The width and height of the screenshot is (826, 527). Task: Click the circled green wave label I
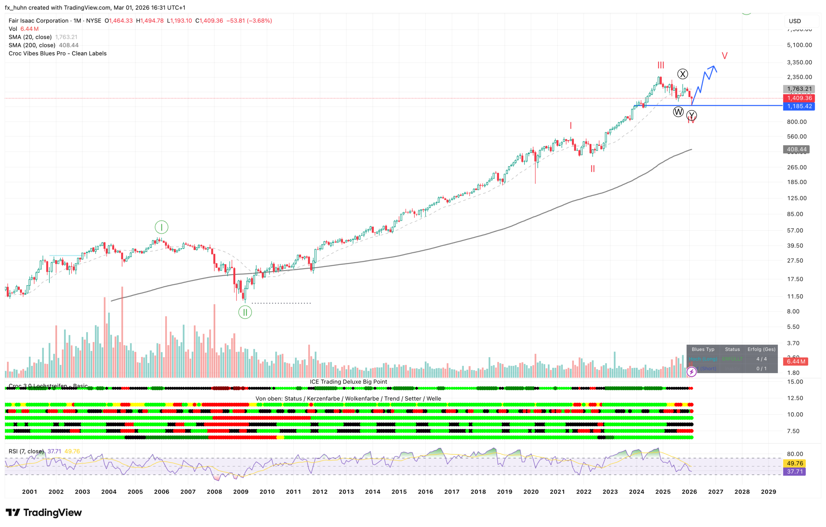[161, 227]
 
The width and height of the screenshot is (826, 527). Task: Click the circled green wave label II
[245, 312]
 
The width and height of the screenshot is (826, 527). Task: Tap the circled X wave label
[682, 74]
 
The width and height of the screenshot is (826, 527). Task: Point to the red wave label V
[724, 56]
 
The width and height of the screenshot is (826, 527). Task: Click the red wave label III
[660, 65]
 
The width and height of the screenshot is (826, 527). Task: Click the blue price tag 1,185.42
[799, 106]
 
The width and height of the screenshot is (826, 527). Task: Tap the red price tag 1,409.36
[799, 98]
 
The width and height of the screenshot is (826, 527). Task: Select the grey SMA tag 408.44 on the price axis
[796, 149]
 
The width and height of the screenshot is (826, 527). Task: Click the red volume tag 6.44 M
[796, 361]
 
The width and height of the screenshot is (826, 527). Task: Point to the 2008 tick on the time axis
[214, 492]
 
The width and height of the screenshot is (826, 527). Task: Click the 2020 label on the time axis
[531, 492]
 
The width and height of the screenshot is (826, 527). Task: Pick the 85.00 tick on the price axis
[795, 214]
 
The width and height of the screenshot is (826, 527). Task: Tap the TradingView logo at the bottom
[44, 512]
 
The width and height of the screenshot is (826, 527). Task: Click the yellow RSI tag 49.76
[795, 464]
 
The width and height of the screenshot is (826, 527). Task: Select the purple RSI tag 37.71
[795, 472]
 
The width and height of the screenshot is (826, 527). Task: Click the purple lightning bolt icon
[691, 372]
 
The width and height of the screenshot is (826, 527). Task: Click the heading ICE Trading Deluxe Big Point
[348, 382]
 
